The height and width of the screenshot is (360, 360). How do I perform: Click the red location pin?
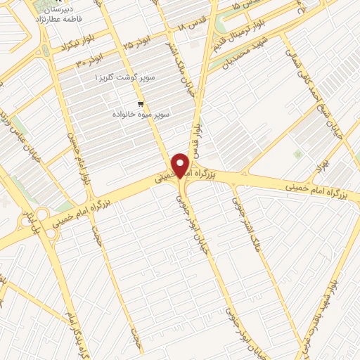(x=181, y=165)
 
